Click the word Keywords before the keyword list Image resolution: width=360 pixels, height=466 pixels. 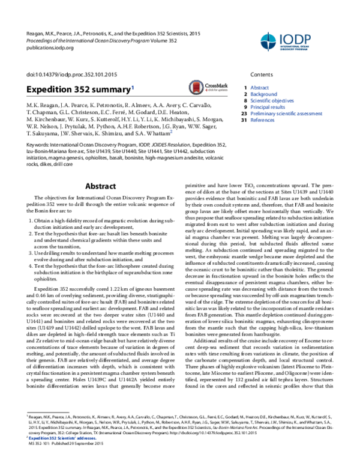point(38,145)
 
